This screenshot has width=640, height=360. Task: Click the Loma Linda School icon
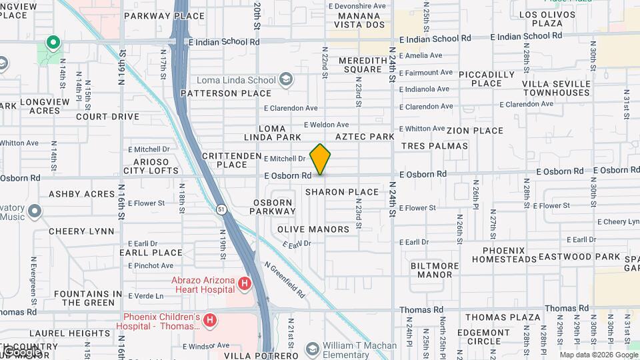[x=286, y=80]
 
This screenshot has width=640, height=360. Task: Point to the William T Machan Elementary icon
[x=312, y=348]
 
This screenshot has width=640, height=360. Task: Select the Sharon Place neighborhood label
[x=342, y=192]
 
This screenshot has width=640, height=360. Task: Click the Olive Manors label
[x=313, y=229]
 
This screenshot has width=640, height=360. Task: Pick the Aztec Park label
[x=365, y=136]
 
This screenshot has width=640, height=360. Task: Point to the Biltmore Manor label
[x=434, y=270]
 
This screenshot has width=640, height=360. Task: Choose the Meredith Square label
[x=360, y=65]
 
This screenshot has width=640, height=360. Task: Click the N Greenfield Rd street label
[x=285, y=279]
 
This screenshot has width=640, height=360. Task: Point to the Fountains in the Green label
[x=88, y=298]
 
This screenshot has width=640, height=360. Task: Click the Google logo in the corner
[x=21, y=351]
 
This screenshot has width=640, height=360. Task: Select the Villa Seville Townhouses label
[x=556, y=88]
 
